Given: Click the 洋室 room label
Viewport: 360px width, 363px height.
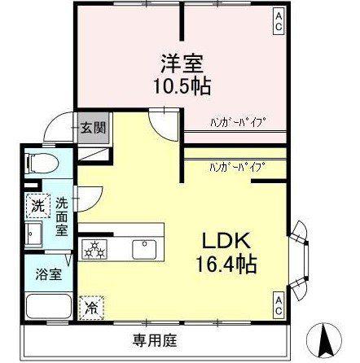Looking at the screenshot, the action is point(182,63).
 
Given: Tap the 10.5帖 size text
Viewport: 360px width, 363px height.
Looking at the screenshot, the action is point(182,85).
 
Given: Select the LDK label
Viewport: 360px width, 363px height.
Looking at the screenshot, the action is point(226,241).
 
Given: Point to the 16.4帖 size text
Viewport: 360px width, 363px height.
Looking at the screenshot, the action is point(226,264).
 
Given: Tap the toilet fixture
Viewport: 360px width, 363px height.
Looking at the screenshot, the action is point(42,164).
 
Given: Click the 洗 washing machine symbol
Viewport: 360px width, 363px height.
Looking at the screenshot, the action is point(38,206).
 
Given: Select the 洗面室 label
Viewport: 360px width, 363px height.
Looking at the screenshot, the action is point(62,217).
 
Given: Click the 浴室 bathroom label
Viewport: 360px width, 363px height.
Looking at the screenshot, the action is point(49,274).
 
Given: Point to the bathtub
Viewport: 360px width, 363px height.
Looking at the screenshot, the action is point(48,307).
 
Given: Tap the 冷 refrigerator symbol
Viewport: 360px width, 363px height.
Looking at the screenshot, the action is point(91,308).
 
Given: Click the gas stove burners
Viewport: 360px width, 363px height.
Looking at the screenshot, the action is point(94,250).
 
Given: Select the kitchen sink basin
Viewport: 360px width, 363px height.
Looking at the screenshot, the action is point(144,250).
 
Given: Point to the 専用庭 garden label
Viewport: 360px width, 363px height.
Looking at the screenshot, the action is point(155,340).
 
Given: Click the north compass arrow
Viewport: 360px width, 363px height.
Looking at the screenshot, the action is point(324,339).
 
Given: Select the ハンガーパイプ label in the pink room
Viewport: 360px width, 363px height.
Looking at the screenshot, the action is point(238,123).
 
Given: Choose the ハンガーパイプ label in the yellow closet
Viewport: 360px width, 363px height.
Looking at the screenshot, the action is point(238,167).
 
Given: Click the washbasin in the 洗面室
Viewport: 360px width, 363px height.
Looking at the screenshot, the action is point(33,234).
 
